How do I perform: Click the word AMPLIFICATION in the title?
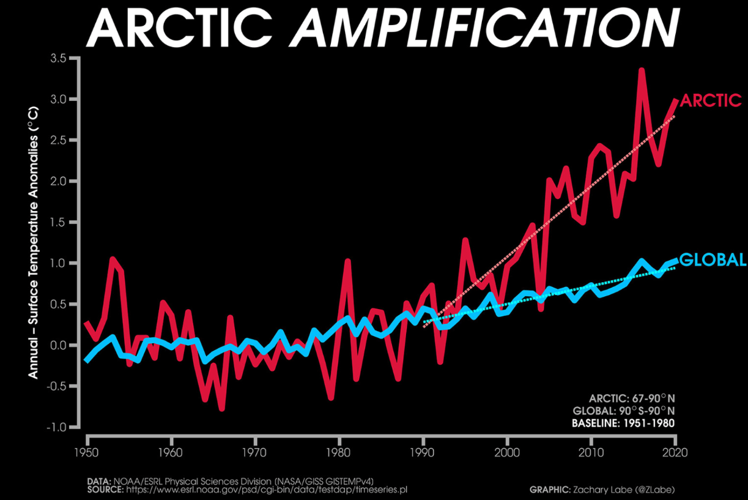pyautogui.click(x=484, y=28)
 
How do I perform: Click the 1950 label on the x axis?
pyautogui.click(x=86, y=453)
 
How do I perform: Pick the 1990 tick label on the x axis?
pyautogui.click(x=423, y=453)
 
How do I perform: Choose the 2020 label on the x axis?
pyautogui.click(x=675, y=453)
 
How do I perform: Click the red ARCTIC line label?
pyautogui.click(x=711, y=100)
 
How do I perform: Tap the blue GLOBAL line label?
pyautogui.click(x=713, y=259)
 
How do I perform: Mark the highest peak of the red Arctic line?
pyautogui.click(x=642, y=70)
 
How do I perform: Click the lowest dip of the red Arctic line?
pyautogui.click(x=222, y=408)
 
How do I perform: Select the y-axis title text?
pyautogui.click(x=33, y=242)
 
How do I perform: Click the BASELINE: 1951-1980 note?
pyautogui.click(x=623, y=423)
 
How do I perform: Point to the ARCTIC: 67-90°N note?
pyautogui.click(x=632, y=398)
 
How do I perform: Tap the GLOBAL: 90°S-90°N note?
pyautogui.click(x=624, y=411)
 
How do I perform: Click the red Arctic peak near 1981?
pyautogui.click(x=347, y=261)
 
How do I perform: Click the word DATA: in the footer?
pyautogui.click(x=99, y=482)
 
